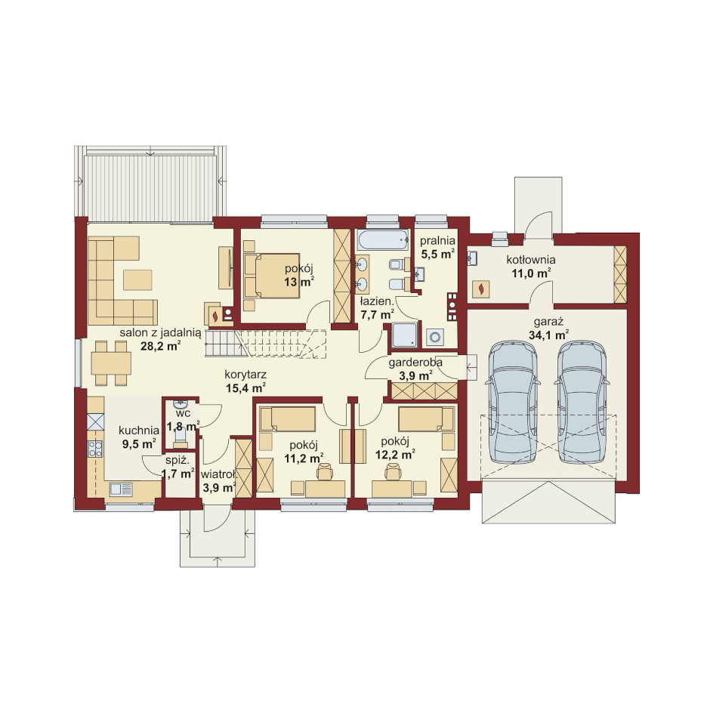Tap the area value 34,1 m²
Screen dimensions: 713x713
[549, 335]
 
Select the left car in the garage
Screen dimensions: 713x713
[513, 402]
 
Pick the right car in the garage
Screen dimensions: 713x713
[582, 402]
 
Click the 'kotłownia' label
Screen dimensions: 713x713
[531, 260]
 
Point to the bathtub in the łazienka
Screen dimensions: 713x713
[382, 239]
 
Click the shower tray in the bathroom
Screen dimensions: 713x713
[404, 335]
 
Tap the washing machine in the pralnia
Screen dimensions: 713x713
[435, 337]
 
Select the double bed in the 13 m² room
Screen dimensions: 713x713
[271, 276]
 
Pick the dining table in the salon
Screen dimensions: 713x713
[111, 363]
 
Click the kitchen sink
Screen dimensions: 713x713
[121, 489]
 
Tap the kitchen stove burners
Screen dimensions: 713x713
[95, 449]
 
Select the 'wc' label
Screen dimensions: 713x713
[184, 414]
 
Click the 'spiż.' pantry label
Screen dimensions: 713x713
[177, 460]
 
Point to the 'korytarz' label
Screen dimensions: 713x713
[245, 375]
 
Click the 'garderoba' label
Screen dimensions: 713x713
[415, 363]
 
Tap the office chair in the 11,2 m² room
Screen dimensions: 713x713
[325, 471]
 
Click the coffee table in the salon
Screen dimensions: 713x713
[137, 279]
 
